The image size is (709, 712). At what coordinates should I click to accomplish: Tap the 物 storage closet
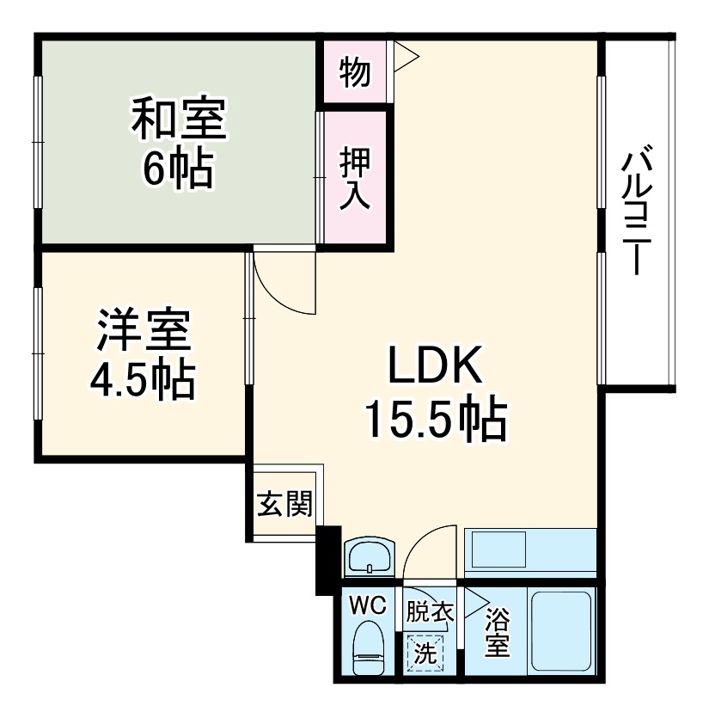(354, 72)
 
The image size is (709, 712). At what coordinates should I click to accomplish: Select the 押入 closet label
(354, 178)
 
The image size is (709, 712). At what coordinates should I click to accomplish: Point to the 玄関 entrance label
(284, 506)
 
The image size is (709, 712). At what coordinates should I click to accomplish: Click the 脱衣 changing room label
(429, 612)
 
